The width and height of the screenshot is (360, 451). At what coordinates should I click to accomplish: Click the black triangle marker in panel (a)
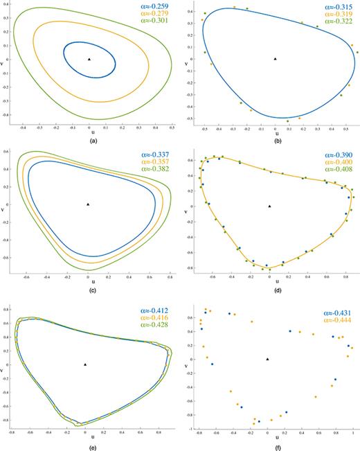(x=89, y=60)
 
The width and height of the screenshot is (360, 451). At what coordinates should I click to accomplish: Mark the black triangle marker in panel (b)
(x=275, y=59)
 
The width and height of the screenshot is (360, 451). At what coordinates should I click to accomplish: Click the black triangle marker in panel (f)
(x=267, y=359)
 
